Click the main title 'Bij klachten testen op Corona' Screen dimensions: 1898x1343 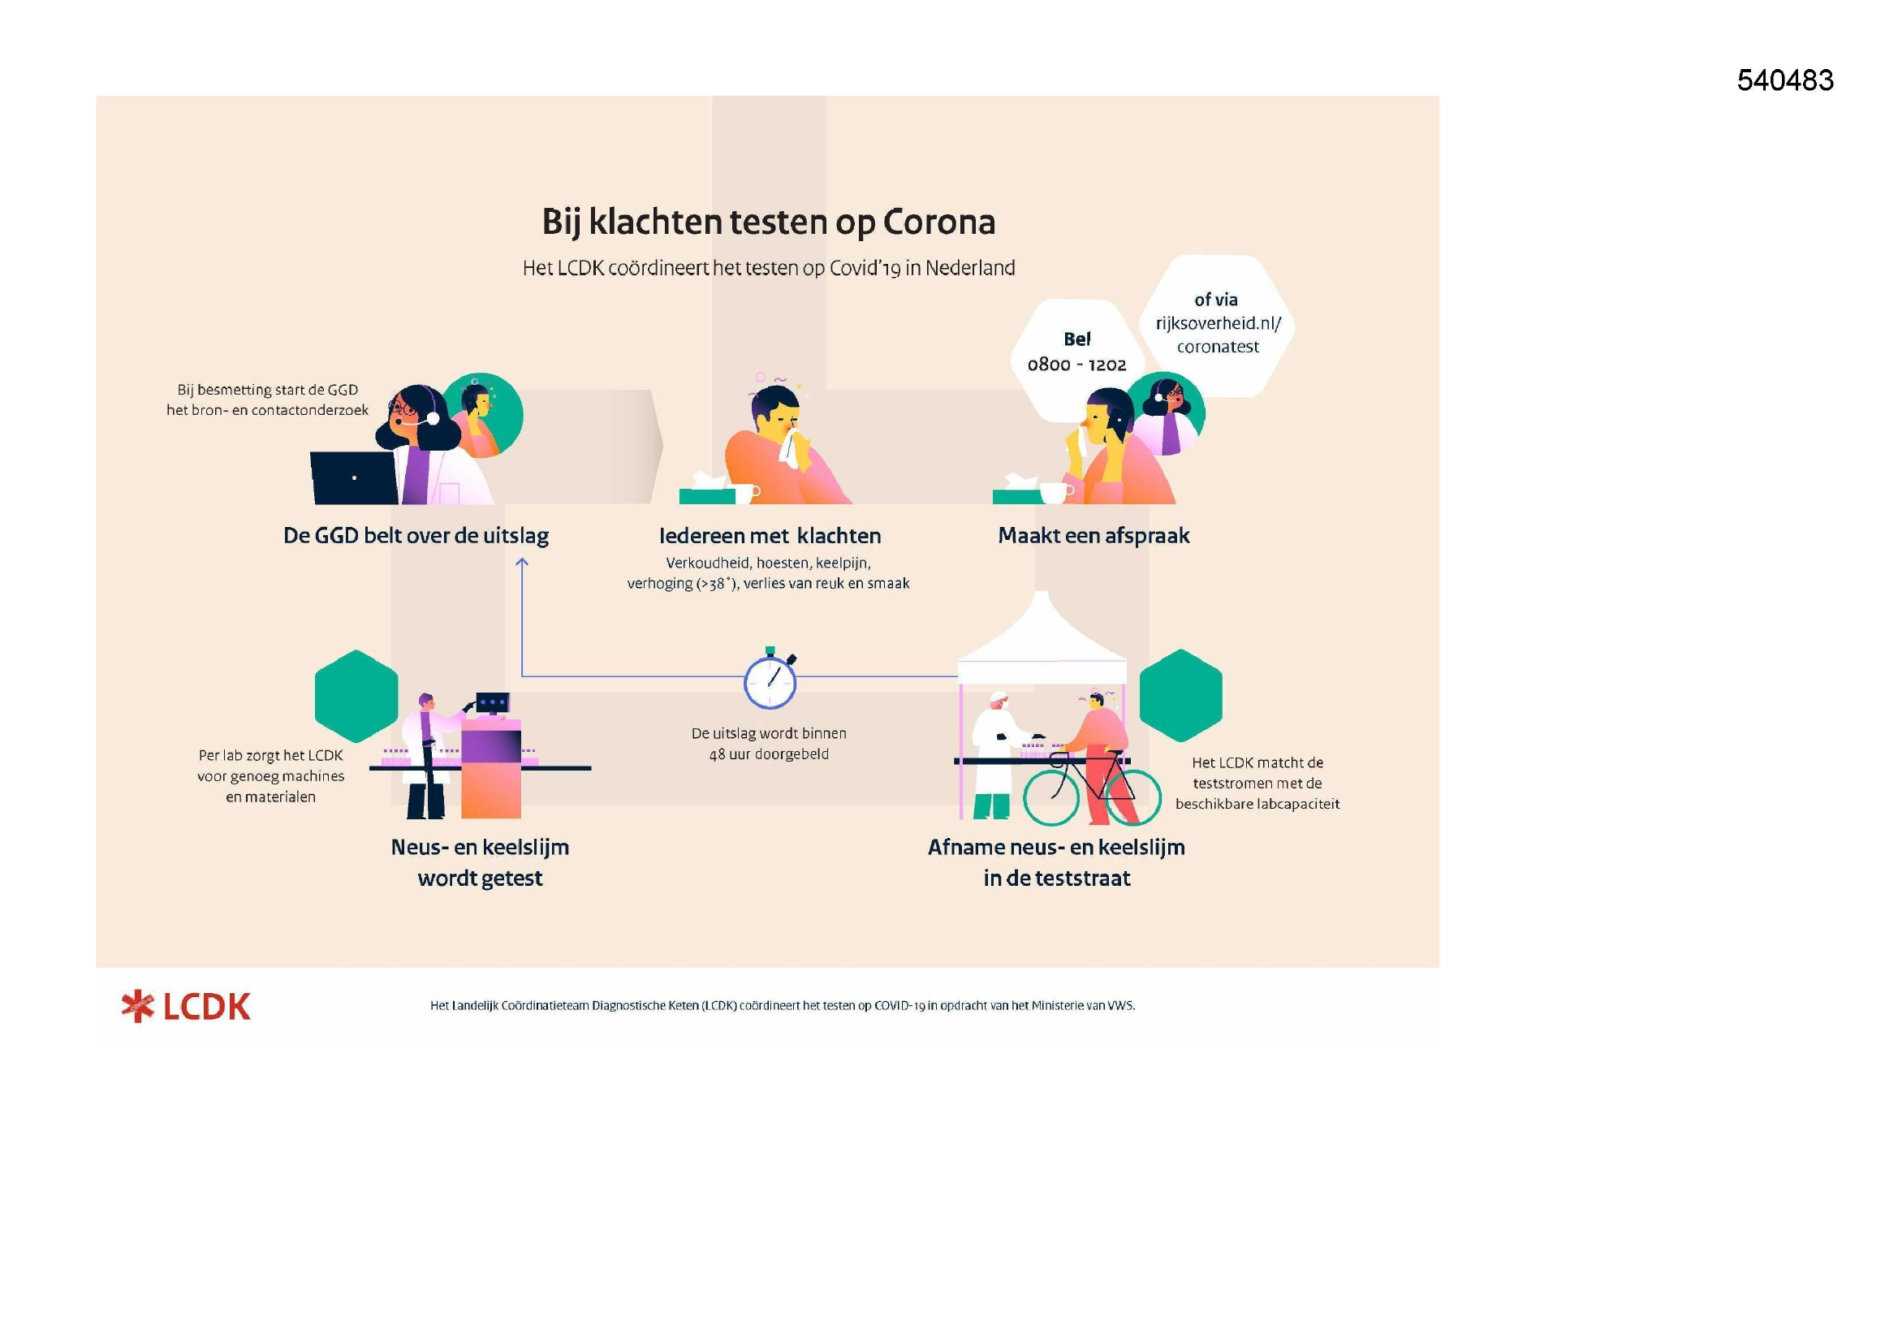768,222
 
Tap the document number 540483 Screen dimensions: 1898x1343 1784,80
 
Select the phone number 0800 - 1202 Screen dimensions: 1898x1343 1076,365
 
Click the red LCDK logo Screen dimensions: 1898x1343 186,1006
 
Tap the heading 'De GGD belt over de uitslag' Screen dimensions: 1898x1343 416,536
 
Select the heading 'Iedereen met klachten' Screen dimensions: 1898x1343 770,536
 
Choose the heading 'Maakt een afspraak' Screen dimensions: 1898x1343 1094,536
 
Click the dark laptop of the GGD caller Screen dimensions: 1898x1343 353,478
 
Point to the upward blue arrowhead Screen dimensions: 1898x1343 522,563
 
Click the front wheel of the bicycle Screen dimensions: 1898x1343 1050,797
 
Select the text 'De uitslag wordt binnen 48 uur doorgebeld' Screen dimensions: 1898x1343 769,744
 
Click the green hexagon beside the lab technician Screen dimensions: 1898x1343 356,697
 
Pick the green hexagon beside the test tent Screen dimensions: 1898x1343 1180,696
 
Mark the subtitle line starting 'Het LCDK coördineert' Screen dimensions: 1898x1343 769,268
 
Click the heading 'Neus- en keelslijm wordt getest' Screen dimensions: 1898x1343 481,862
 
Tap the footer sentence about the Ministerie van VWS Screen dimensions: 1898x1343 782,1005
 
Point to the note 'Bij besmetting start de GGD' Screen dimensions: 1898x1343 267,390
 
